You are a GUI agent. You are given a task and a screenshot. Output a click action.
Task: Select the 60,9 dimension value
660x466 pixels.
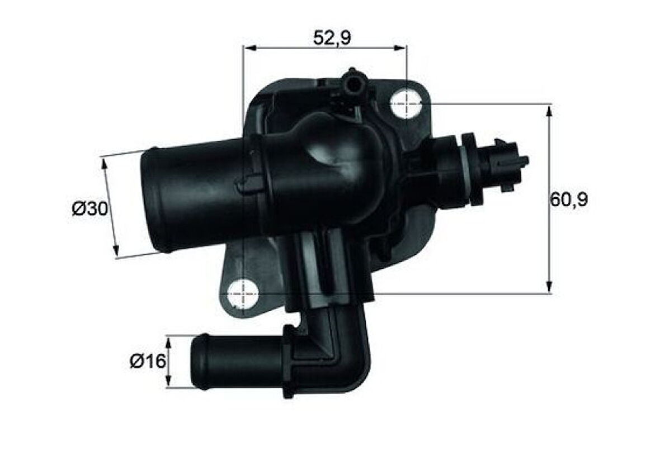coord(569,199)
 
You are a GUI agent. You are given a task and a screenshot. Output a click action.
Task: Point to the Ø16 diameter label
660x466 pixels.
coord(148,362)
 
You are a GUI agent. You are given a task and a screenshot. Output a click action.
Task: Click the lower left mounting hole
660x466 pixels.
coord(244,293)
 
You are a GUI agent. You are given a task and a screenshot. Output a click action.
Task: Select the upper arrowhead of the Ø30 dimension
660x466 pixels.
coord(104,163)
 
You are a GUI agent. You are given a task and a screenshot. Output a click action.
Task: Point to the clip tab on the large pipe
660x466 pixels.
coord(249,183)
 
